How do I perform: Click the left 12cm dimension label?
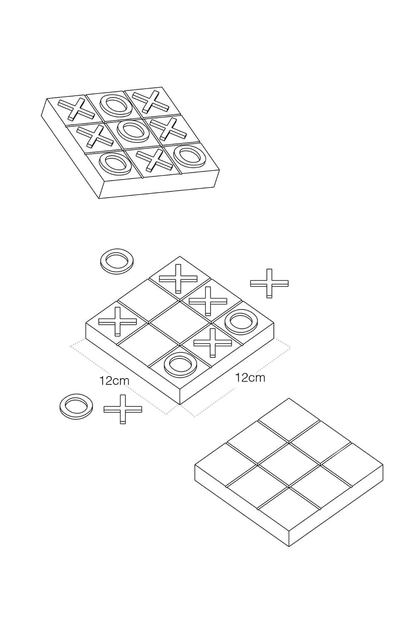[114, 381]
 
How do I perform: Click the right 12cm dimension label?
[250, 378]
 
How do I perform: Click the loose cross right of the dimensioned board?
[269, 283]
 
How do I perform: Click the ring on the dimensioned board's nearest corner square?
[181, 365]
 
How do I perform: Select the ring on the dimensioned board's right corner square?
[241, 323]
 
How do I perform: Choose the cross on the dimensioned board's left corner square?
[118, 321]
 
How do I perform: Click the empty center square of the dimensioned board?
[180, 323]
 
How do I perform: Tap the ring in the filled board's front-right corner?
[191, 156]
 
